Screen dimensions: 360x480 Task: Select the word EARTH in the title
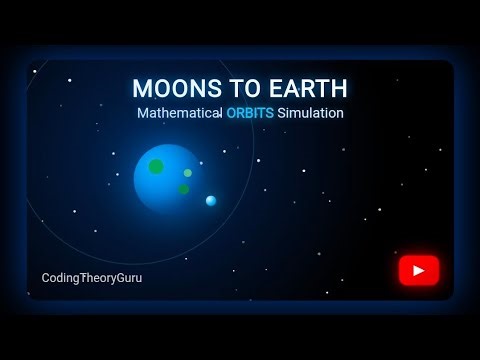pos(299,89)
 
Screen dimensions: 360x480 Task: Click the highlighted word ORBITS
pos(249,114)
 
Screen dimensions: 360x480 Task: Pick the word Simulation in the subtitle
pos(311,114)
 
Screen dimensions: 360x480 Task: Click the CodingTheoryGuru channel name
pos(92,277)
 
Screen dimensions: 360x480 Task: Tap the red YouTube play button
pos(418,270)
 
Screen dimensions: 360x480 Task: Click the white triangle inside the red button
pos(419,270)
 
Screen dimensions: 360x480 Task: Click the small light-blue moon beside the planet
pos(211,201)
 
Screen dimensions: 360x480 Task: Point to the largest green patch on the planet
pos(156,166)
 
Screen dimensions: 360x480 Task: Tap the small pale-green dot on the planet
pos(187,173)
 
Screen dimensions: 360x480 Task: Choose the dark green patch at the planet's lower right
pos(183,189)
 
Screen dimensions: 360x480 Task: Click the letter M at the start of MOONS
pos(141,89)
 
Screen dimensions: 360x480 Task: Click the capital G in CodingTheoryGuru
pos(127,277)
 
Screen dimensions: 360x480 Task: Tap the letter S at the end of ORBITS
pos(270,114)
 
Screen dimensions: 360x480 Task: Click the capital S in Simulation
pos(283,114)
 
